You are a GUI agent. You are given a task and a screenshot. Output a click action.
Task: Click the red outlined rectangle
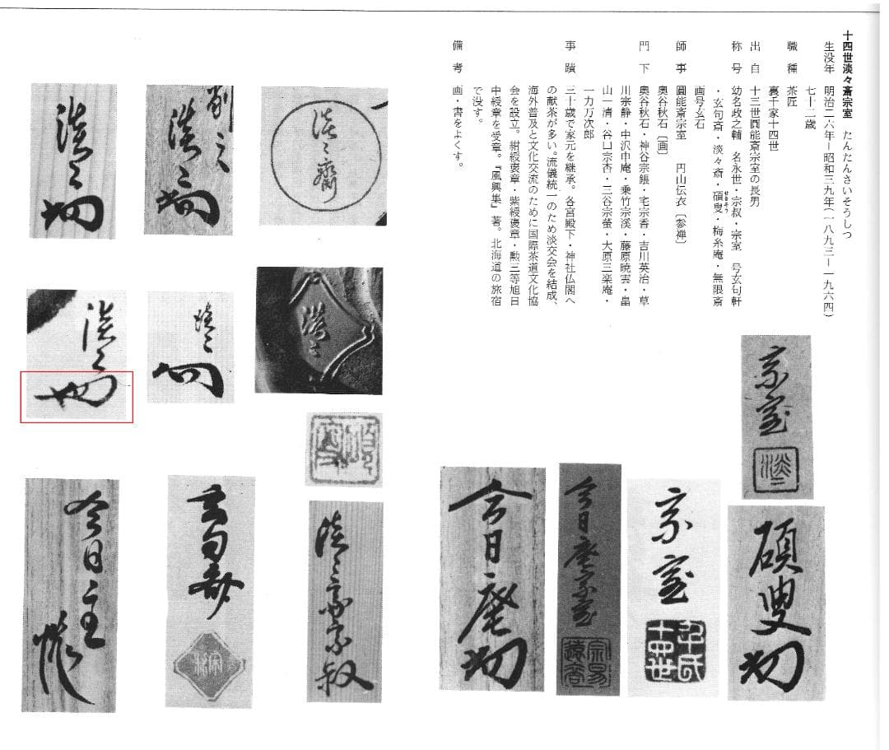point(77,396)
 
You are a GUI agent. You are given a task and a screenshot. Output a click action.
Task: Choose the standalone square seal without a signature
point(344,449)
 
